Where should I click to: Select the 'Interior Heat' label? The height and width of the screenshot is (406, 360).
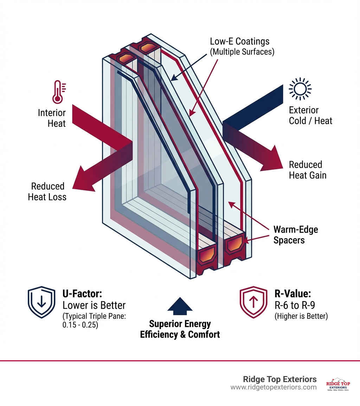[x=52, y=118]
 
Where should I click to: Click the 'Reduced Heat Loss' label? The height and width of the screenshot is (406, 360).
[x=47, y=191]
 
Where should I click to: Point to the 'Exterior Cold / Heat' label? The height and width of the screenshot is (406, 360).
[x=310, y=116]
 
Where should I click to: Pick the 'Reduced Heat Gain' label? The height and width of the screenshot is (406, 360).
[x=307, y=170]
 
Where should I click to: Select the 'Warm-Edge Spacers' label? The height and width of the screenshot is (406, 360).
[x=295, y=235]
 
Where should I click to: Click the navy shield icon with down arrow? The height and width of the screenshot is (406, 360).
[x=41, y=302]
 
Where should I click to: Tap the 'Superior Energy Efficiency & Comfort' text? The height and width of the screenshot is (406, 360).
[x=180, y=329]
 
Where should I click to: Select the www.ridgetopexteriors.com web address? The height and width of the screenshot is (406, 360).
[x=274, y=387]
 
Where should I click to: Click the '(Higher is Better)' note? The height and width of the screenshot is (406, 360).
[x=301, y=316]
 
